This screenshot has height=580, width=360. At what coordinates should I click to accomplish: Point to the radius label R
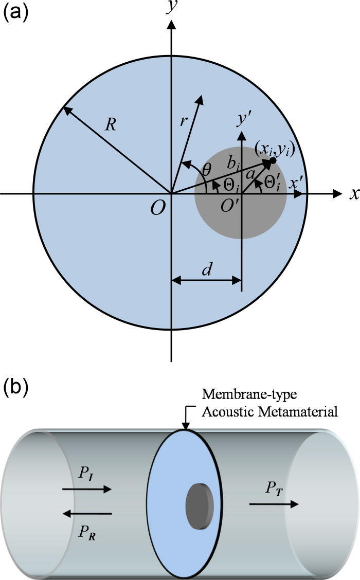pos(110,125)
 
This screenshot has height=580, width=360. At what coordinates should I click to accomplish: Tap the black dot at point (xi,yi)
pos(273,161)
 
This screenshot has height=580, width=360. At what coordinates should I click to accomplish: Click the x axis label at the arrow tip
pos(354,194)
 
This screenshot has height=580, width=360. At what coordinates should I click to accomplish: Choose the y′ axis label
pos(244,118)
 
